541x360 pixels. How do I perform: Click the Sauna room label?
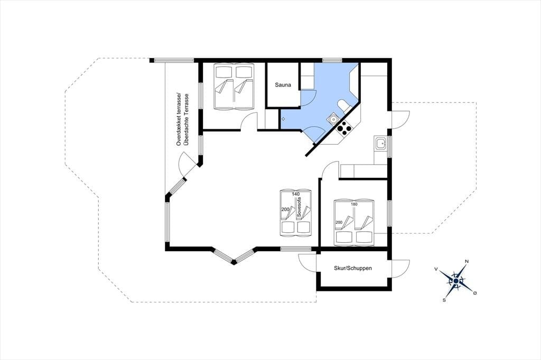pos(283,85)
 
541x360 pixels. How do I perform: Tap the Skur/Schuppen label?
pos(352,268)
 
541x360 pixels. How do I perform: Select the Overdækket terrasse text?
pos(179,119)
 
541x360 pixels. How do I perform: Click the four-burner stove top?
pos(344,128)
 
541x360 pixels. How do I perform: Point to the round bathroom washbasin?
pos(333,119)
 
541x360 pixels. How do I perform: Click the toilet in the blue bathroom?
pos(344,106)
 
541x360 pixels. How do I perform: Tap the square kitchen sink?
pos(380,143)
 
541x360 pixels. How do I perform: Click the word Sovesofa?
pos(299,207)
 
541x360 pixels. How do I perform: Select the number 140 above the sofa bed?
pos(296,194)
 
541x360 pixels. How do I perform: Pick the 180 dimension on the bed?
pos(354,204)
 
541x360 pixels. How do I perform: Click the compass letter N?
pos(467,261)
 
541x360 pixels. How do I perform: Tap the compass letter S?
pos(444,300)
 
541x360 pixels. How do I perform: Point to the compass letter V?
pos(436,269)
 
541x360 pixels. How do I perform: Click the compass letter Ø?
pos(475,293)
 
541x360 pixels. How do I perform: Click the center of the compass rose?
pos(456,281)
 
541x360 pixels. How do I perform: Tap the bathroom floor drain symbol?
pos(283,119)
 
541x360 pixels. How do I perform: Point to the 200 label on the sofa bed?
pos(285,210)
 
